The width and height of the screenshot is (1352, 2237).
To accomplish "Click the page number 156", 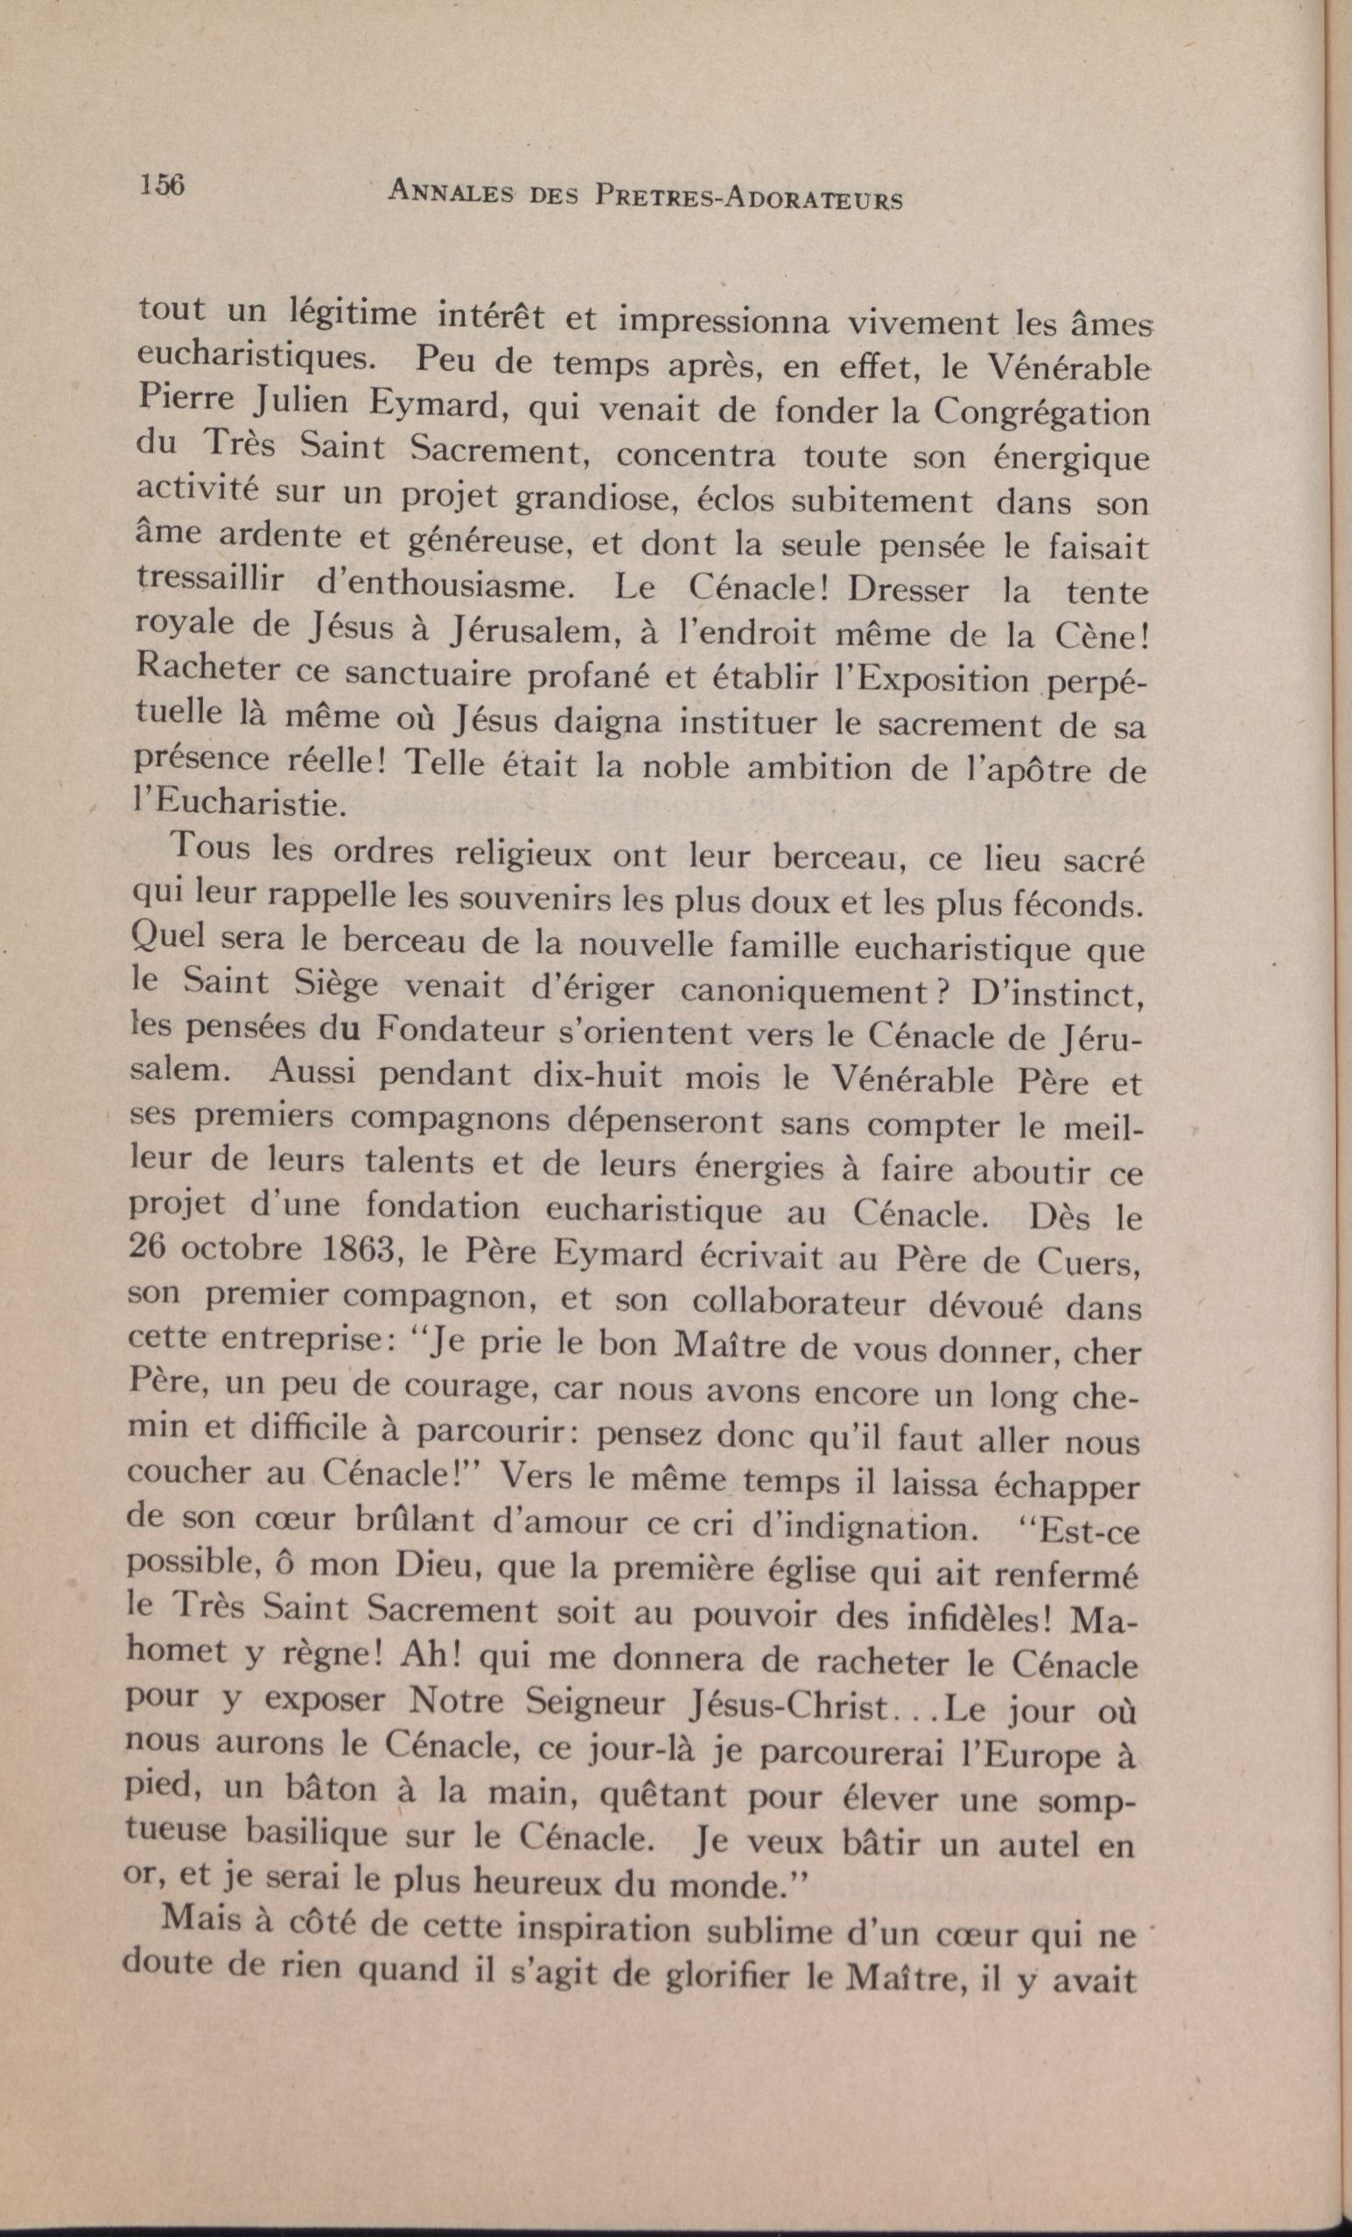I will click(163, 185).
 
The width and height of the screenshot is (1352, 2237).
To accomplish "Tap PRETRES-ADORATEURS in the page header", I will click(747, 198).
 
